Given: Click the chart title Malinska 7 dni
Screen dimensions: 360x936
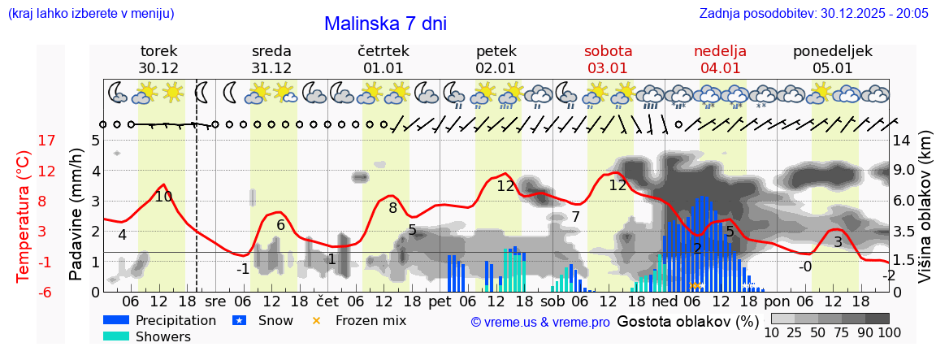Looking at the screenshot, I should [x=385, y=24].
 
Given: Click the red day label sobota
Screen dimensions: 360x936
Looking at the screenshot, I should [x=608, y=51].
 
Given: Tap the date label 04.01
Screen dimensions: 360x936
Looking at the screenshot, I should [x=720, y=68].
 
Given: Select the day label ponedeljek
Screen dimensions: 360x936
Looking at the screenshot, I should [x=833, y=51].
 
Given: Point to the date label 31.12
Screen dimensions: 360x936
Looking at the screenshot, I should [x=271, y=68].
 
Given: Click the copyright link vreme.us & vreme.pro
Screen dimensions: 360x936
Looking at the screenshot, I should [x=539, y=322].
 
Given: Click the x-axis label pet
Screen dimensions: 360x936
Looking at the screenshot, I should [x=440, y=301].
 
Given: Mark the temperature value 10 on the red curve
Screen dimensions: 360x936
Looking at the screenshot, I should [x=163, y=196].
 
